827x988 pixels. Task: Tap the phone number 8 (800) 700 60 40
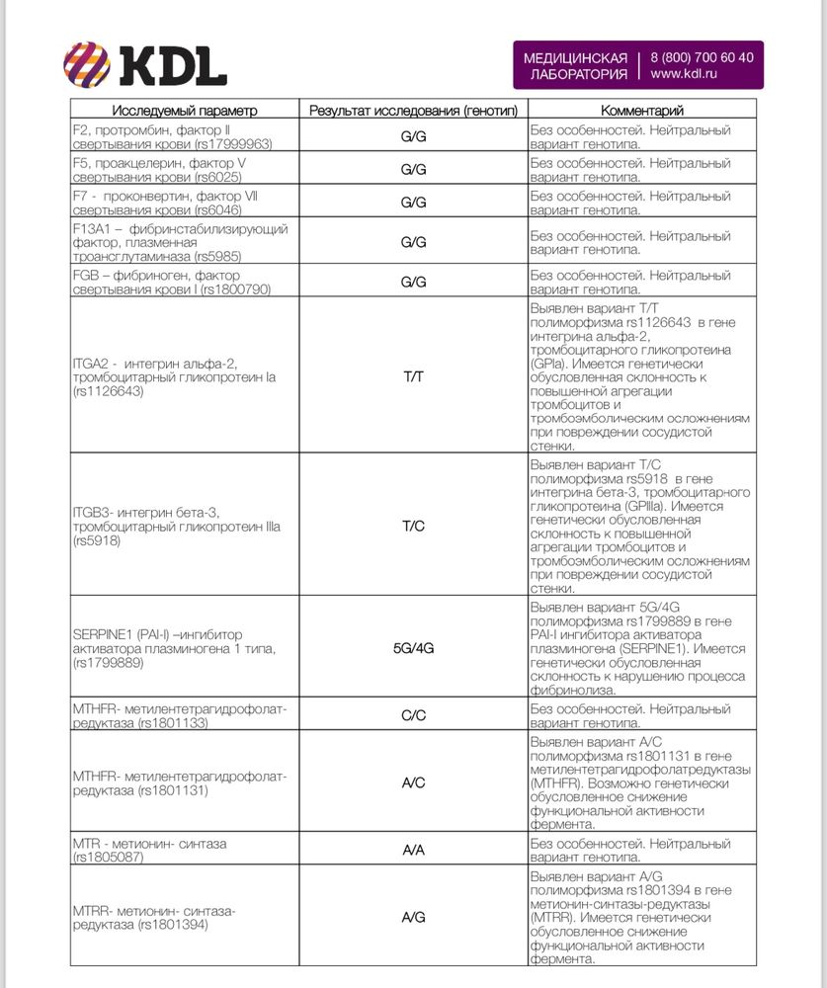pyautogui.click(x=703, y=57)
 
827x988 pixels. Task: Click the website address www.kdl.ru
pyautogui.click(x=685, y=74)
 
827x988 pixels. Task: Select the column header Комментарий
pyautogui.click(x=642, y=111)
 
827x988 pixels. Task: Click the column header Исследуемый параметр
pyautogui.click(x=184, y=111)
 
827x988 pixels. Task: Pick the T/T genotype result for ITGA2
pyautogui.click(x=413, y=378)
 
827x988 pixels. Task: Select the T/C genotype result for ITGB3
pyautogui.click(x=413, y=526)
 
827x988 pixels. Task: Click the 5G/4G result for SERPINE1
pyautogui.click(x=413, y=648)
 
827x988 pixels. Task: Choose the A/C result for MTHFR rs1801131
pyautogui.click(x=413, y=782)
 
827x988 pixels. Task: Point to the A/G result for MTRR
pyautogui.click(x=413, y=917)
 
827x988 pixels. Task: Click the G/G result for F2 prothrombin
pyautogui.click(x=413, y=136)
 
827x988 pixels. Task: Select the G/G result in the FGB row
pyautogui.click(x=413, y=282)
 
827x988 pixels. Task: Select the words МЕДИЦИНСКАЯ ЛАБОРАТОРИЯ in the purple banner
pyautogui.click(x=575, y=66)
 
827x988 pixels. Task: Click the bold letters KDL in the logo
pyautogui.click(x=173, y=66)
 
